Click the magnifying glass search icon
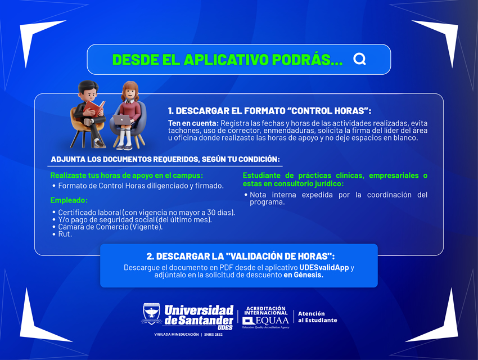[x=359, y=59]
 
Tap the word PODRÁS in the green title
[x=307, y=60]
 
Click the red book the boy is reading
[x=94, y=109]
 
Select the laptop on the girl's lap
[x=123, y=119]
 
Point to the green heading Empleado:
[x=69, y=200]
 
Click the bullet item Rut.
[x=65, y=234]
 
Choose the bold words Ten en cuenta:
[x=193, y=123]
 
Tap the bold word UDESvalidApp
[x=324, y=268]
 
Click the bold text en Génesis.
[x=303, y=275]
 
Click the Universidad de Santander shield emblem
[x=151, y=314]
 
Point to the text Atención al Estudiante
[x=317, y=317]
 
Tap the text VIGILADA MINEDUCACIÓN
[x=177, y=334]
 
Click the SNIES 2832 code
[x=213, y=334]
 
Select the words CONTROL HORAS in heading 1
[x=328, y=111]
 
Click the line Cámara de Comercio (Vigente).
[x=110, y=227]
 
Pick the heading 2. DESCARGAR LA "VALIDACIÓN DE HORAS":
[x=241, y=256]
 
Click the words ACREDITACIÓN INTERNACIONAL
[x=266, y=310]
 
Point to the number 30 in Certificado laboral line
[x=211, y=213]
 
